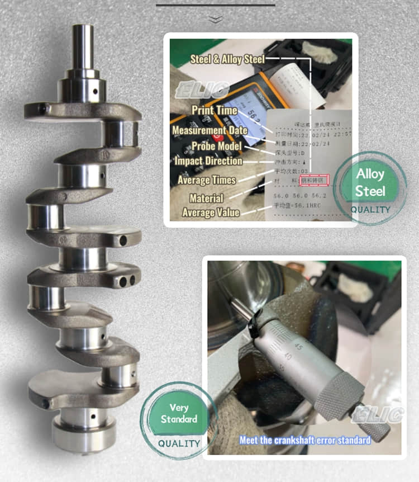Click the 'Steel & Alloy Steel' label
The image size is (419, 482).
[227, 59]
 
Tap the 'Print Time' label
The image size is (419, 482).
[214, 110]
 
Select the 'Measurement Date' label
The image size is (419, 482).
[209, 130]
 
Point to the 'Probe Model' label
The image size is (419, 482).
[216, 146]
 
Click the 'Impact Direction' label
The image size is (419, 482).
[208, 161]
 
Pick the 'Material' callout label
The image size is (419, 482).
[206, 198]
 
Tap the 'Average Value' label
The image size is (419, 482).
[211, 212]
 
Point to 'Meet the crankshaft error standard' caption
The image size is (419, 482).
[305, 440]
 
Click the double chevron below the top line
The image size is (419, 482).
[215, 19]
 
